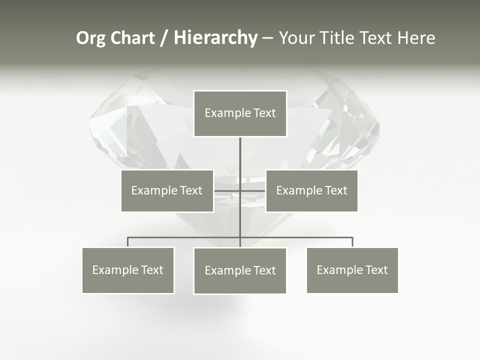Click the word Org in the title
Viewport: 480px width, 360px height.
coord(91,38)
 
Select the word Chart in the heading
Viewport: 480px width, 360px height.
coord(132,38)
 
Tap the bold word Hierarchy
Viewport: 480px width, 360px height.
coord(215,38)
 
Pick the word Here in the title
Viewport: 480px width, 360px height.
coord(416,38)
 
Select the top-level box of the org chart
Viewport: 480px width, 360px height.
coord(240,113)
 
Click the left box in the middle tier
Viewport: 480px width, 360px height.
coord(167,190)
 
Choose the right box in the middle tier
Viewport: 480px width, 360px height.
coord(311,190)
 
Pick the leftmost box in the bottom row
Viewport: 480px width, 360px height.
coord(128,270)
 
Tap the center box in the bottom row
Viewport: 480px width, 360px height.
coord(240,270)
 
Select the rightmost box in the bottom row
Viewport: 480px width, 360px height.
coord(352,270)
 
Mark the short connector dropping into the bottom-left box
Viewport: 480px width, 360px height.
coord(128,242)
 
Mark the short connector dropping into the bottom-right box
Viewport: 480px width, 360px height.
coord(352,242)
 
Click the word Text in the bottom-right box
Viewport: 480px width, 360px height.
coord(376,270)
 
